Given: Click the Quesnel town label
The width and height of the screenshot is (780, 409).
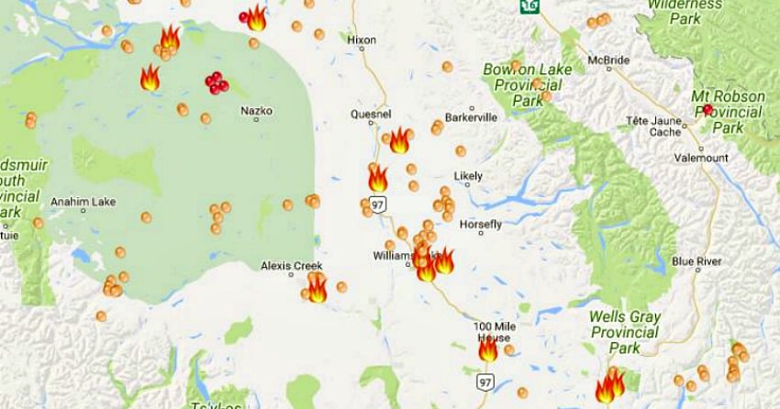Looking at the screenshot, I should pyautogui.click(x=372, y=115).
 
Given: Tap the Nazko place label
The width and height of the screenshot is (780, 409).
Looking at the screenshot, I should pyautogui.click(x=256, y=111).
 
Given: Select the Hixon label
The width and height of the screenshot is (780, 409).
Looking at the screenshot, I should pyautogui.click(x=362, y=40).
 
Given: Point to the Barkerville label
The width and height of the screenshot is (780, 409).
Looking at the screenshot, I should pyautogui.click(x=471, y=117).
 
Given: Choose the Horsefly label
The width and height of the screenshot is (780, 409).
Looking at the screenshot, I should pyautogui.click(x=481, y=224).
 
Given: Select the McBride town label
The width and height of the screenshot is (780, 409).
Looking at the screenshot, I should pyautogui.click(x=608, y=61).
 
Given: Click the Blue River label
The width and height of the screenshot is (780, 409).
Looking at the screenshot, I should pyautogui.click(x=696, y=261).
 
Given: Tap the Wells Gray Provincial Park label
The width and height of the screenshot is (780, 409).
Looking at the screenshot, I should pyautogui.click(x=624, y=332).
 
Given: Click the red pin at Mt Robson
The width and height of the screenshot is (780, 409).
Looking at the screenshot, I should pyautogui.click(x=708, y=110).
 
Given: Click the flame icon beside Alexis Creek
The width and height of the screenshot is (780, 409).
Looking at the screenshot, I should pyautogui.click(x=317, y=290).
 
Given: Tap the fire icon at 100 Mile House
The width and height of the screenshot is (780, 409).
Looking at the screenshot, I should pyautogui.click(x=488, y=349).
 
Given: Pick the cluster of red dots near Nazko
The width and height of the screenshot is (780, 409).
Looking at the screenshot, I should pyautogui.click(x=217, y=83).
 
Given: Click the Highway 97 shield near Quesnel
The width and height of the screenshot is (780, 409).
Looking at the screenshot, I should pyautogui.click(x=377, y=203).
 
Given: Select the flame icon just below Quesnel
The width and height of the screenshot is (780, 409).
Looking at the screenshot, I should pyautogui.click(x=399, y=141).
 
